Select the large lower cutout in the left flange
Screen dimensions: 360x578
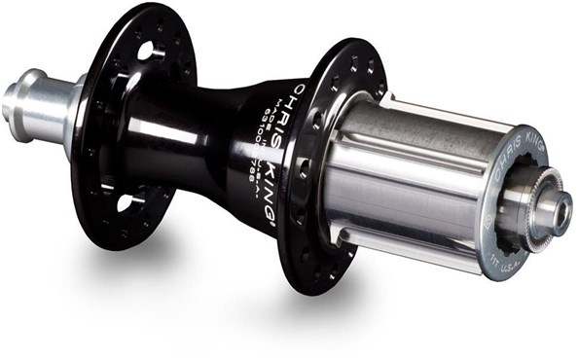click(x=125, y=203)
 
